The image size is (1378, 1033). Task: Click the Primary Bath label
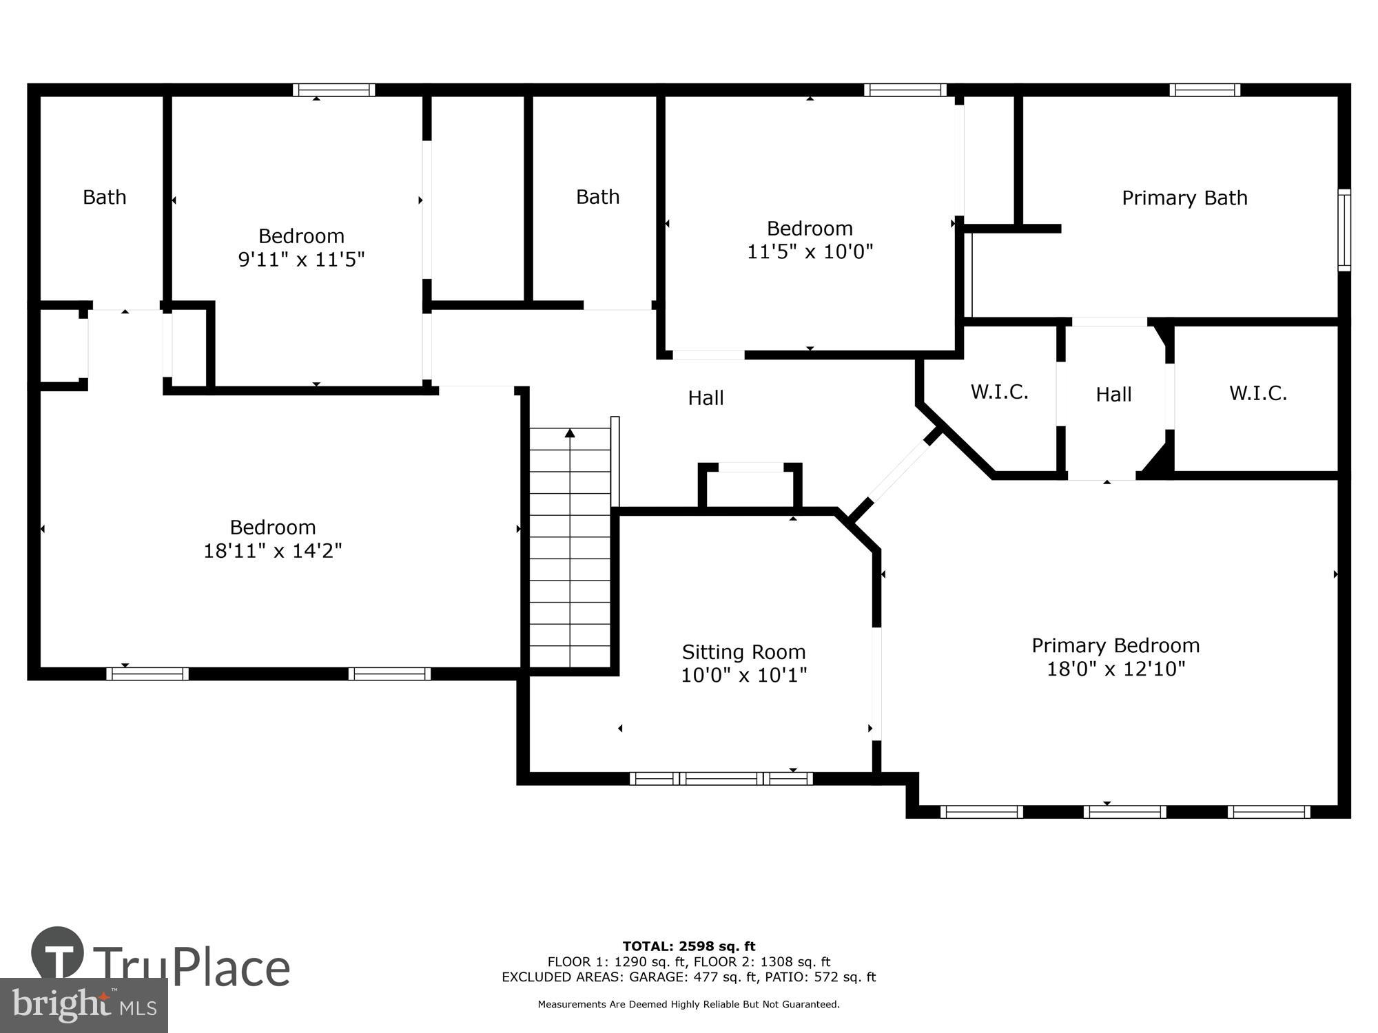(1184, 198)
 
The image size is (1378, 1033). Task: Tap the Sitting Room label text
(743, 651)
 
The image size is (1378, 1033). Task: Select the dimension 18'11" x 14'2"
(273, 551)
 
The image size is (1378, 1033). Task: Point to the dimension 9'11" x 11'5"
(301, 260)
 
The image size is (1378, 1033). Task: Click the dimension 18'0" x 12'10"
(1115, 669)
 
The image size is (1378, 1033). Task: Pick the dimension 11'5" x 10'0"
(810, 251)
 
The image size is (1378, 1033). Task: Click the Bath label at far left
(105, 198)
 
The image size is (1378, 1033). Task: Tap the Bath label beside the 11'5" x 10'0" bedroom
(597, 197)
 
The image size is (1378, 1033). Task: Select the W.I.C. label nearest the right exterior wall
(1257, 393)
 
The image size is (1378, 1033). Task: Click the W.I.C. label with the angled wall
(999, 392)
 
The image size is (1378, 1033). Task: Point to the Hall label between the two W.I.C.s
(1113, 395)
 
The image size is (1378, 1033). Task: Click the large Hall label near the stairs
(706, 398)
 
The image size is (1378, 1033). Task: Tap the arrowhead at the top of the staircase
(570, 433)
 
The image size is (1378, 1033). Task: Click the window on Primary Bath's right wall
(1344, 229)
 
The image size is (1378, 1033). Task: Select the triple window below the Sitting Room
(721, 778)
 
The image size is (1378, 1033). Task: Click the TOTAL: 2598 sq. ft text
(689, 946)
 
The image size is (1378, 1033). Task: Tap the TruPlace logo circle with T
(58, 954)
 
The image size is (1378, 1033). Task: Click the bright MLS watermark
(83, 1005)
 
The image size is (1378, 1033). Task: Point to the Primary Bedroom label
(1115, 646)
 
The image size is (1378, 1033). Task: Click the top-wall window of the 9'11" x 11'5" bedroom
(333, 90)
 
